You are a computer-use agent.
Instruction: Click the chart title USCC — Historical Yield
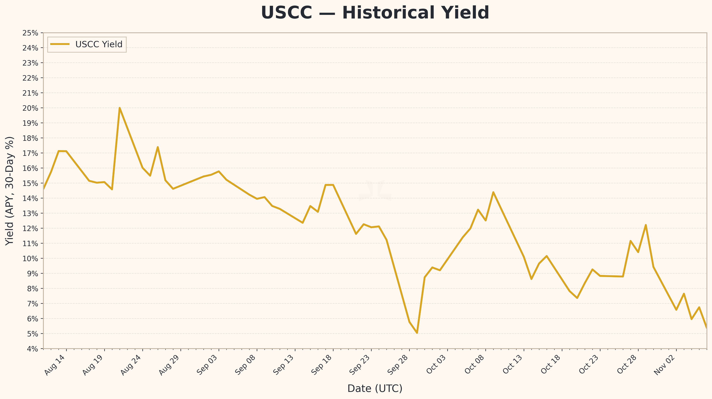point(375,13)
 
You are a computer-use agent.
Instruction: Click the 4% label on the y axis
point(32,349)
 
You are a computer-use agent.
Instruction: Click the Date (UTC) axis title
point(375,388)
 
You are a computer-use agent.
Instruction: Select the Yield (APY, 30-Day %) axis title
point(10,191)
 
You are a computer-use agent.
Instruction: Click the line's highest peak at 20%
point(119,108)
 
